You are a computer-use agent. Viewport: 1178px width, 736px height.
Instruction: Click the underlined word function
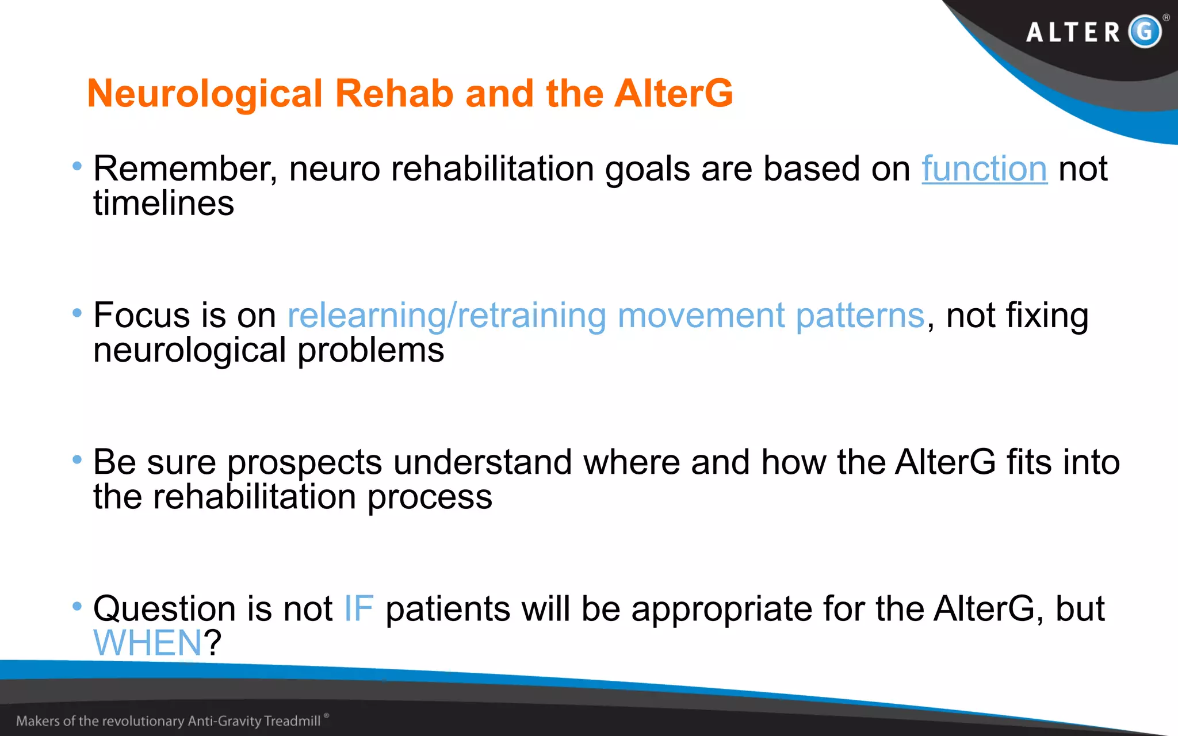pos(984,169)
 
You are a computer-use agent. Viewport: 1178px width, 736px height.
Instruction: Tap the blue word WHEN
pos(148,643)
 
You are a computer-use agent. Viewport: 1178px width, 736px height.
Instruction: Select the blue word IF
pos(359,608)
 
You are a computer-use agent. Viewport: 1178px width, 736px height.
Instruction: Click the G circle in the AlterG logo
pos(1144,31)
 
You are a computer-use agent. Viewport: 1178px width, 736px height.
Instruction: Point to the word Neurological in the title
pos(205,94)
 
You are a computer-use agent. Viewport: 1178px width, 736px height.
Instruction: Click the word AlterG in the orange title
pos(673,94)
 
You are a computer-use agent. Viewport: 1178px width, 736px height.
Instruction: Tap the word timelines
pos(164,204)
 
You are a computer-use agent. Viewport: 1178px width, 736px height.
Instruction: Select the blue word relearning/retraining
pos(447,316)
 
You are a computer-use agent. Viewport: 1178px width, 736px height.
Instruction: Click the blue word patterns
pos(860,316)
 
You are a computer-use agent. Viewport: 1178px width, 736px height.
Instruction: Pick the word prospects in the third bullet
pos(305,463)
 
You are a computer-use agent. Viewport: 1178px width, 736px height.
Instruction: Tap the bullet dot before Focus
pos(77,313)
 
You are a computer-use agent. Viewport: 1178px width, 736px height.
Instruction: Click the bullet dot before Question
pos(77,606)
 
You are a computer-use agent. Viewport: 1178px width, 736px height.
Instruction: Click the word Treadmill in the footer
pos(292,721)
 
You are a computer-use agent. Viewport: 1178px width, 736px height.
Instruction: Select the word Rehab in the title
pos(394,94)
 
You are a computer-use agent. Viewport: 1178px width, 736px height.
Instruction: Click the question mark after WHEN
pos(212,643)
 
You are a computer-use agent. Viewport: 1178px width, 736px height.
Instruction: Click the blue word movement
pos(701,316)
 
